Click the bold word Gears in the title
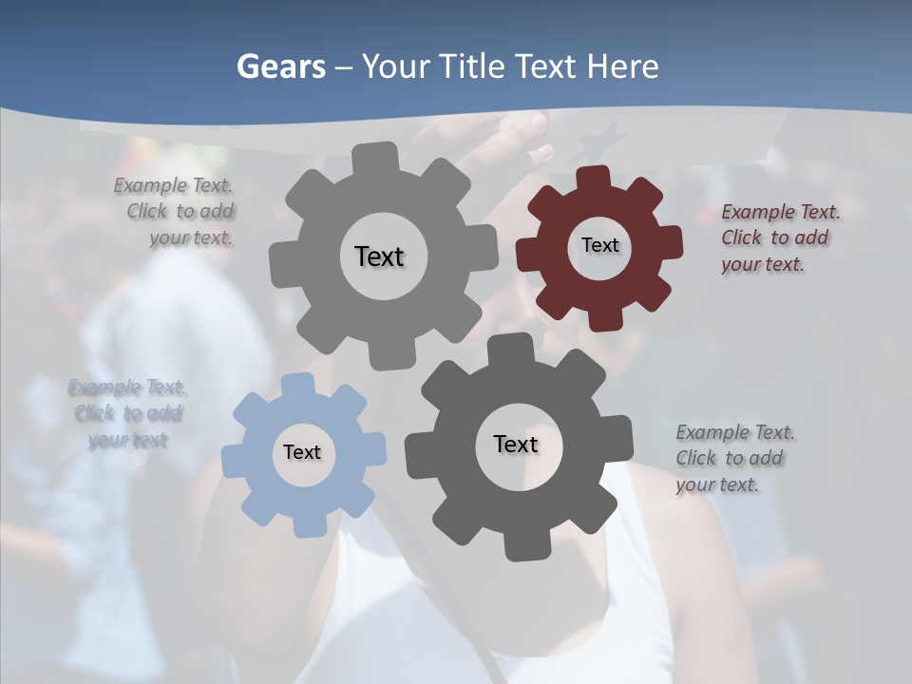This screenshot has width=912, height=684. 279,66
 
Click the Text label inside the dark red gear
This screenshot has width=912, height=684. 599,245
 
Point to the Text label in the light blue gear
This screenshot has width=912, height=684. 302,453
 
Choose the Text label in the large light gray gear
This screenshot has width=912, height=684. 379,256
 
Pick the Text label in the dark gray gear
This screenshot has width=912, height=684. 516,444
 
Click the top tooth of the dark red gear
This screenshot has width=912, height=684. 595,178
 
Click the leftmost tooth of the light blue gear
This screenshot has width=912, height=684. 234,460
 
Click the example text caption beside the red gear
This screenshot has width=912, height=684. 780,237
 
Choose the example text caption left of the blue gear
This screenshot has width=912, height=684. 127,413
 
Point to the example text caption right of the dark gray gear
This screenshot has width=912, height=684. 734,458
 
